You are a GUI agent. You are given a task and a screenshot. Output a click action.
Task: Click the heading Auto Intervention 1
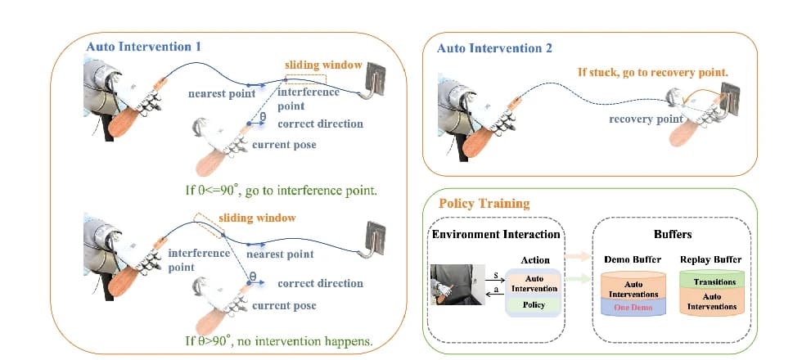pyautogui.click(x=144, y=47)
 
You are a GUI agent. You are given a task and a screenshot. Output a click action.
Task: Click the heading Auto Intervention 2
pyautogui.click(x=494, y=49)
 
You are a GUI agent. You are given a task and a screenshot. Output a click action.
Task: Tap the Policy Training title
pyautogui.click(x=484, y=204)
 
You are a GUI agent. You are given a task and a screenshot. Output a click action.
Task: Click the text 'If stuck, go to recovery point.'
pyautogui.click(x=653, y=73)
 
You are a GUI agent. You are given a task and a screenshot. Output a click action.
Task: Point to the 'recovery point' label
pyautogui.click(x=646, y=119)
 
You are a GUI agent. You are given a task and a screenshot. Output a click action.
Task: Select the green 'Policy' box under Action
pyautogui.click(x=533, y=305)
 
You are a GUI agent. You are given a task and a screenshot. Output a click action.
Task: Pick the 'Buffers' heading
pyautogui.click(x=673, y=235)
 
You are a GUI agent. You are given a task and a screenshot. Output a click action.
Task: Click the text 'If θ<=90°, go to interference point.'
pyautogui.click(x=282, y=191)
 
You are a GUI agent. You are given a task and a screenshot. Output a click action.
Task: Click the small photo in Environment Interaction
pyautogui.click(x=457, y=285)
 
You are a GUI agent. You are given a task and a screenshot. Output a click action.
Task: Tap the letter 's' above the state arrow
pyautogui.click(x=496, y=276)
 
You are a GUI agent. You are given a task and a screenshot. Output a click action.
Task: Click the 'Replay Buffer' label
pyautogui.click(x=710, y=260)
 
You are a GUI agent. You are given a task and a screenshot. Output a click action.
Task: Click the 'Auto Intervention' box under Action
pyautogui.click(x=533, y=284)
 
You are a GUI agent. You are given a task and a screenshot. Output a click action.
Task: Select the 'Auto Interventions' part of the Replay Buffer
pyautogui.click(x=711, y=301)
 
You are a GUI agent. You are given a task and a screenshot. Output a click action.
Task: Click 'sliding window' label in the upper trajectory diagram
pyautogui.click(x=323, y=65)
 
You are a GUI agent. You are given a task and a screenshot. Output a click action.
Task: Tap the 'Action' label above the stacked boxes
pyautogui.click(x=533, y=260)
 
